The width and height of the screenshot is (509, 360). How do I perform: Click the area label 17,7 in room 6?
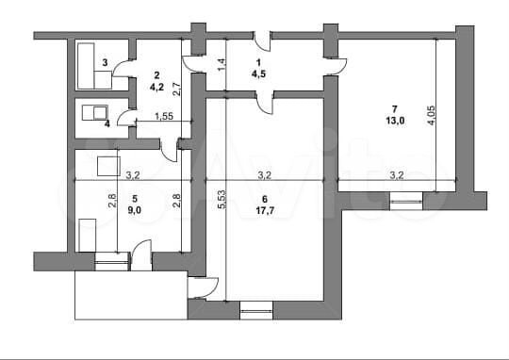tap(265, 211)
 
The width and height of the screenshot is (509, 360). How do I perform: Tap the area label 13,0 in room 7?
tap(395, 121)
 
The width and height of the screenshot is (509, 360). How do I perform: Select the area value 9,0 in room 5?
tap(135, 210)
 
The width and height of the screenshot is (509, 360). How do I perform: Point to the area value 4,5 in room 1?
tap(258, 74)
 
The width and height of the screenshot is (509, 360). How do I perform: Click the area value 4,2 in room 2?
tap(156, 87)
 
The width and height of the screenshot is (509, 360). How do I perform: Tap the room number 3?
tap(105, 62)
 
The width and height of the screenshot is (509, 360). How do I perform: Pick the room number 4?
tap(107, 123)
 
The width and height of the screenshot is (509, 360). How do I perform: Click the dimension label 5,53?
tap(222, 199)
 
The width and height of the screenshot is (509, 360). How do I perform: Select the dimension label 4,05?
tap(432, 115)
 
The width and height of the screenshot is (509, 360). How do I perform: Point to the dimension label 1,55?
tap(164, 116)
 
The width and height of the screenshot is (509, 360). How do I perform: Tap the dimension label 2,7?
tap(177, 89)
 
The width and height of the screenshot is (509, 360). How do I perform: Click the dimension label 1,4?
tap(222, 65)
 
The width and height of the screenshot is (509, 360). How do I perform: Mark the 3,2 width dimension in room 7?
tap(396, 175)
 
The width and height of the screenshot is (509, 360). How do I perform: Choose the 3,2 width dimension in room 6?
tap(265, 175)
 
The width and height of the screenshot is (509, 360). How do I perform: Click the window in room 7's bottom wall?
tap(406, 202)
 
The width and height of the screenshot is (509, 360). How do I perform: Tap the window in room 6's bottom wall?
tap(256, 311)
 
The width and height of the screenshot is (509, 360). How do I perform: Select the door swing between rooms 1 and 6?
tap(266, 104)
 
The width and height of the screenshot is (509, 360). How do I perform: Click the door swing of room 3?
tap(123, 68)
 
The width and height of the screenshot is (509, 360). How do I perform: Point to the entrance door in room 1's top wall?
tap(262, 41)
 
